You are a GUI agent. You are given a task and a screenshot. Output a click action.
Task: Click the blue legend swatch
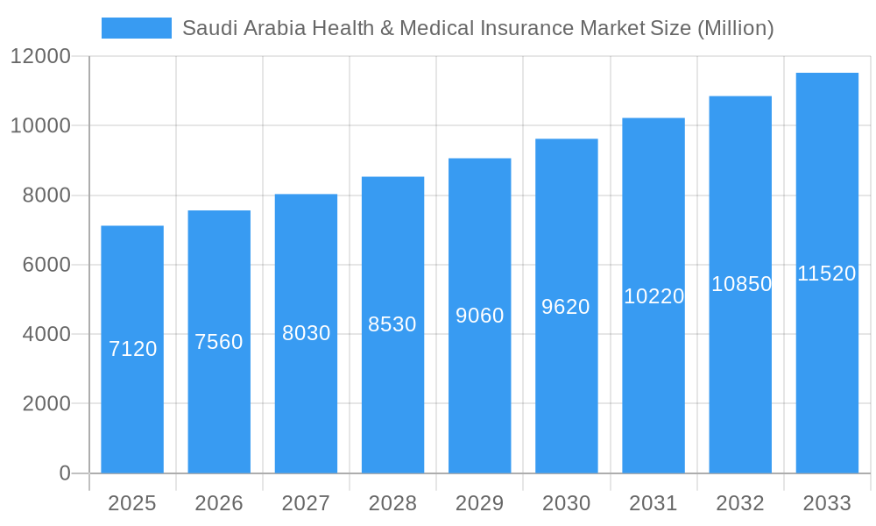(x=136, y=28)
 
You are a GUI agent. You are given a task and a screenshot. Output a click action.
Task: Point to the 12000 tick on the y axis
(x=40, y=57)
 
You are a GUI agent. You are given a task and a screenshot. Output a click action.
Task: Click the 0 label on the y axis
(x=65, y=473)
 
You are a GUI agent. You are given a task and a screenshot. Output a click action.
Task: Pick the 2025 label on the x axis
(x=132, y=503)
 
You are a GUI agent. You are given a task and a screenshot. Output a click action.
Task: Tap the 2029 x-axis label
(x=479, y=503)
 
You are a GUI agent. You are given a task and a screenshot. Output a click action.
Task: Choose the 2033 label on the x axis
(x=827, y=503)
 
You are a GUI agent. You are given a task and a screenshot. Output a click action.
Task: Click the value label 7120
(x=133, y=349)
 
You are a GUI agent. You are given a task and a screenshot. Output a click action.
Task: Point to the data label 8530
(x=392, y=324)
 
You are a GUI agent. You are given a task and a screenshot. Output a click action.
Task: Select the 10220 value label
(x=653, y=296)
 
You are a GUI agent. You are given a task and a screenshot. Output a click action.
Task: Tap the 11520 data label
(x=827, y=274)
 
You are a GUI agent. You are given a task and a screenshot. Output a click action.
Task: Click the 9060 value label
(x=480, y=316)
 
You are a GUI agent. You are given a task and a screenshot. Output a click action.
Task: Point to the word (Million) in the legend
(x=735, y=28)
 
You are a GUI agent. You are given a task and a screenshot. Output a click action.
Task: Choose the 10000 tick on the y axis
(x=40, y=126)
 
